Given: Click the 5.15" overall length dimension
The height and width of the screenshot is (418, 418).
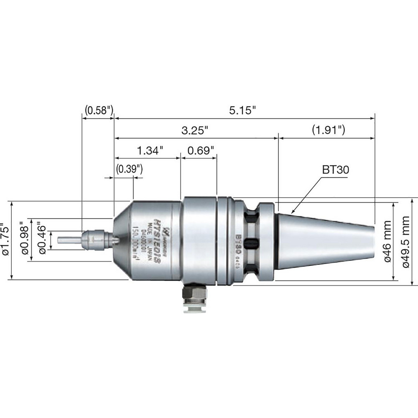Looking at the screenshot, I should point(242,111).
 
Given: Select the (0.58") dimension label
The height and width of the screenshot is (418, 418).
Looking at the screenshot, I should point(99,111).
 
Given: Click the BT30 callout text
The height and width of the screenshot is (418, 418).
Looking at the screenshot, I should point(335,170).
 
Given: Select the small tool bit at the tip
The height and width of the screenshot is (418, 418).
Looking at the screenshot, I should point(69,241).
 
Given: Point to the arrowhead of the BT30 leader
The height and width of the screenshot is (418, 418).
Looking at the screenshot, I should point(293,213).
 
